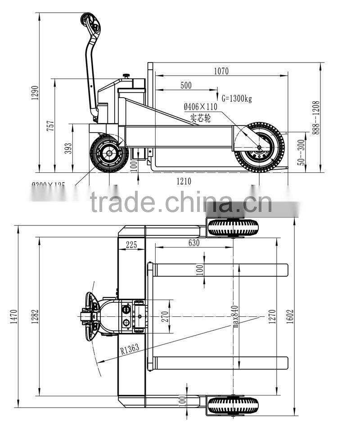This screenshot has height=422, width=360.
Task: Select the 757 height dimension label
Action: click(x=51, y=125)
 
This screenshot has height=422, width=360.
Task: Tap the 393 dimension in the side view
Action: click(x=68, y=148)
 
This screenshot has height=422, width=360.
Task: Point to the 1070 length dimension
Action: click(x=221, y=71)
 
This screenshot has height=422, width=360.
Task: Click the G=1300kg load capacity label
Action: click(x=237, y=99)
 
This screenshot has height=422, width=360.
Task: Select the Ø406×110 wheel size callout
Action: click(x=200, y=107)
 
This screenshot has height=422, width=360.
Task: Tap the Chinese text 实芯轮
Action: click(x=199, y=118)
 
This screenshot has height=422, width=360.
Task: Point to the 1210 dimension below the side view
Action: click(x=184, y=181)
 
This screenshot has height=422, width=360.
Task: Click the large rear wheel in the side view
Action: click(x=259, y=147)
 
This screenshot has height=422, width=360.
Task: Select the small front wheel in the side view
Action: click(x=108, y=153)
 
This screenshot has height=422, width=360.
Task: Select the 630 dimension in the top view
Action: click(x=193, y=243)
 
